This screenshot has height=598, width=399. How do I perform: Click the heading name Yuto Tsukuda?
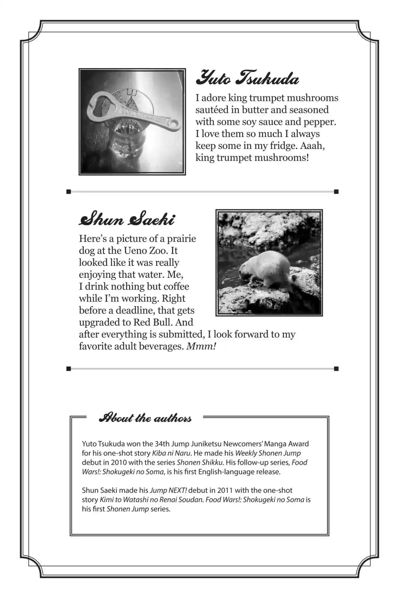click(247, 78)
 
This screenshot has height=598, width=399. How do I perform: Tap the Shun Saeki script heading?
click(127, 220)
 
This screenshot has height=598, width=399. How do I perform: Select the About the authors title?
click(145, 418)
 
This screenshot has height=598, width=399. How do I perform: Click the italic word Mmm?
click(201, 346)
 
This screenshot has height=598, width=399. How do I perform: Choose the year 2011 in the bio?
click(225, 490)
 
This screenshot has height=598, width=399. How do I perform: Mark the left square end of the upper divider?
click(69, 192)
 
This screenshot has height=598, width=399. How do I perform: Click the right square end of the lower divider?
click(336, 369)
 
